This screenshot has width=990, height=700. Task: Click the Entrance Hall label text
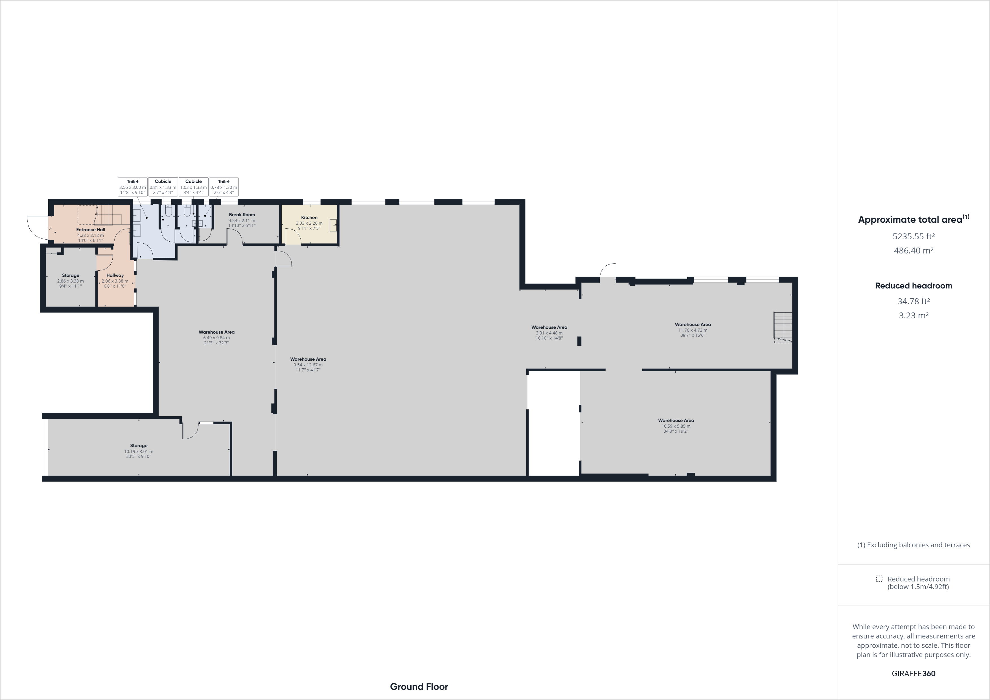pyautogui.click(x=91, y=230)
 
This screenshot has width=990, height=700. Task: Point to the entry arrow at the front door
pyautogui.click(x=49, y=228)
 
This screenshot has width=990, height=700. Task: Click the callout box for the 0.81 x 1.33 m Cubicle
pyautogui.click(x=163, y=187)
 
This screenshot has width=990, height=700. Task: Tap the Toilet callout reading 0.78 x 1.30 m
pyautogui.click(x=224, y=187)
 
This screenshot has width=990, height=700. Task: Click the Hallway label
pyautogui.click(x=115, y=275)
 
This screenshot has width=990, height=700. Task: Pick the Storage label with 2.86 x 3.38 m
pyautogui.click(x=71, y=275)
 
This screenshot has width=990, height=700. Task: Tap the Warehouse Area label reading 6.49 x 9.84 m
pyautogui.click(x=216, y=333)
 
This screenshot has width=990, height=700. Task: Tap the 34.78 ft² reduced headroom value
pyautogui.click(x=913, y=301)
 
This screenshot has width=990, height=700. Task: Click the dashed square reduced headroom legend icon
pyautogui.click(x=879, y=579)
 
